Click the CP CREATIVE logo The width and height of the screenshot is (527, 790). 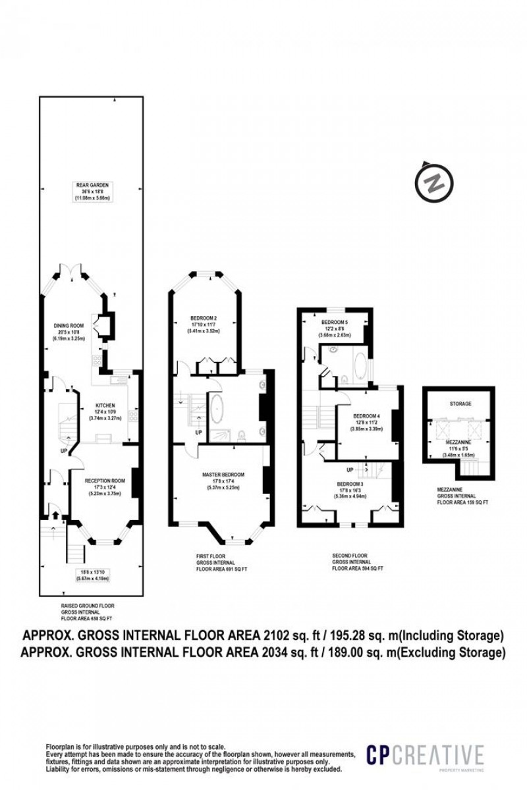pyautogui.click(x=425, y=755)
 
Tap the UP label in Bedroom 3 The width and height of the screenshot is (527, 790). pyautogui.click(x=350, y=469)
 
